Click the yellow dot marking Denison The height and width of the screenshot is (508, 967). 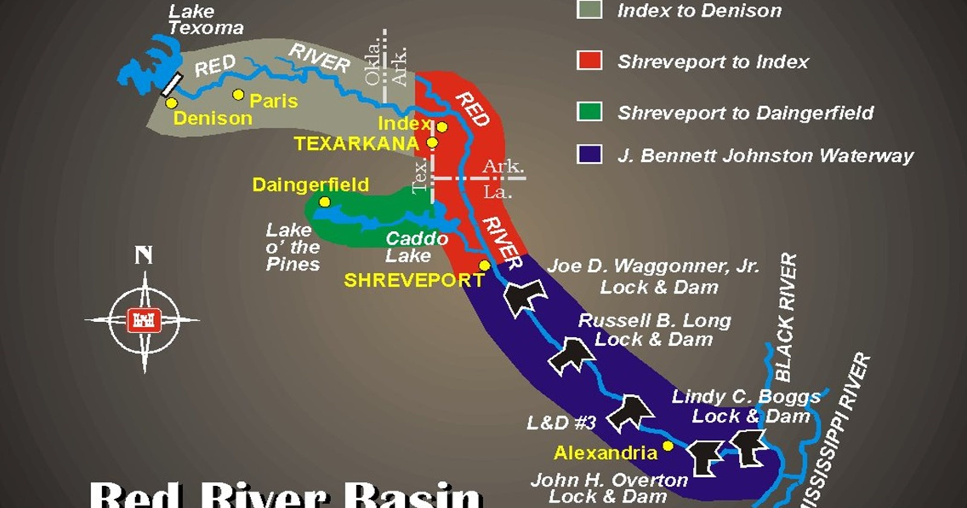coord(172,103)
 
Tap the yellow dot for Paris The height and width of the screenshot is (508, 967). coord(238,95)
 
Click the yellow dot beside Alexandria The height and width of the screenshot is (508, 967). coord(668,446)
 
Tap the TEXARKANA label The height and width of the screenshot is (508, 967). coord(356,144)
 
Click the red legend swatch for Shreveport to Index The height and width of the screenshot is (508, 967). coord(589,61)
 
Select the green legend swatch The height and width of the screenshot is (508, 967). coord(589,112)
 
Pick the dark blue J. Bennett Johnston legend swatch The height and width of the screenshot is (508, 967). coord(589,155)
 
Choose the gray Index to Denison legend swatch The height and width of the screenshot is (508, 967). coord(589,10)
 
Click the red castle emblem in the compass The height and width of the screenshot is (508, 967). coord(144,321)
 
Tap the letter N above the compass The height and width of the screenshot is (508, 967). coord(144,256)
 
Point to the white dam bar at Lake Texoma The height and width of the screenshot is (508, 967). coord(172,85)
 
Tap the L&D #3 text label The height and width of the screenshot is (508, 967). coord(561,423)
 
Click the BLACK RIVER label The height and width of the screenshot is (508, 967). coord(785,317)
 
